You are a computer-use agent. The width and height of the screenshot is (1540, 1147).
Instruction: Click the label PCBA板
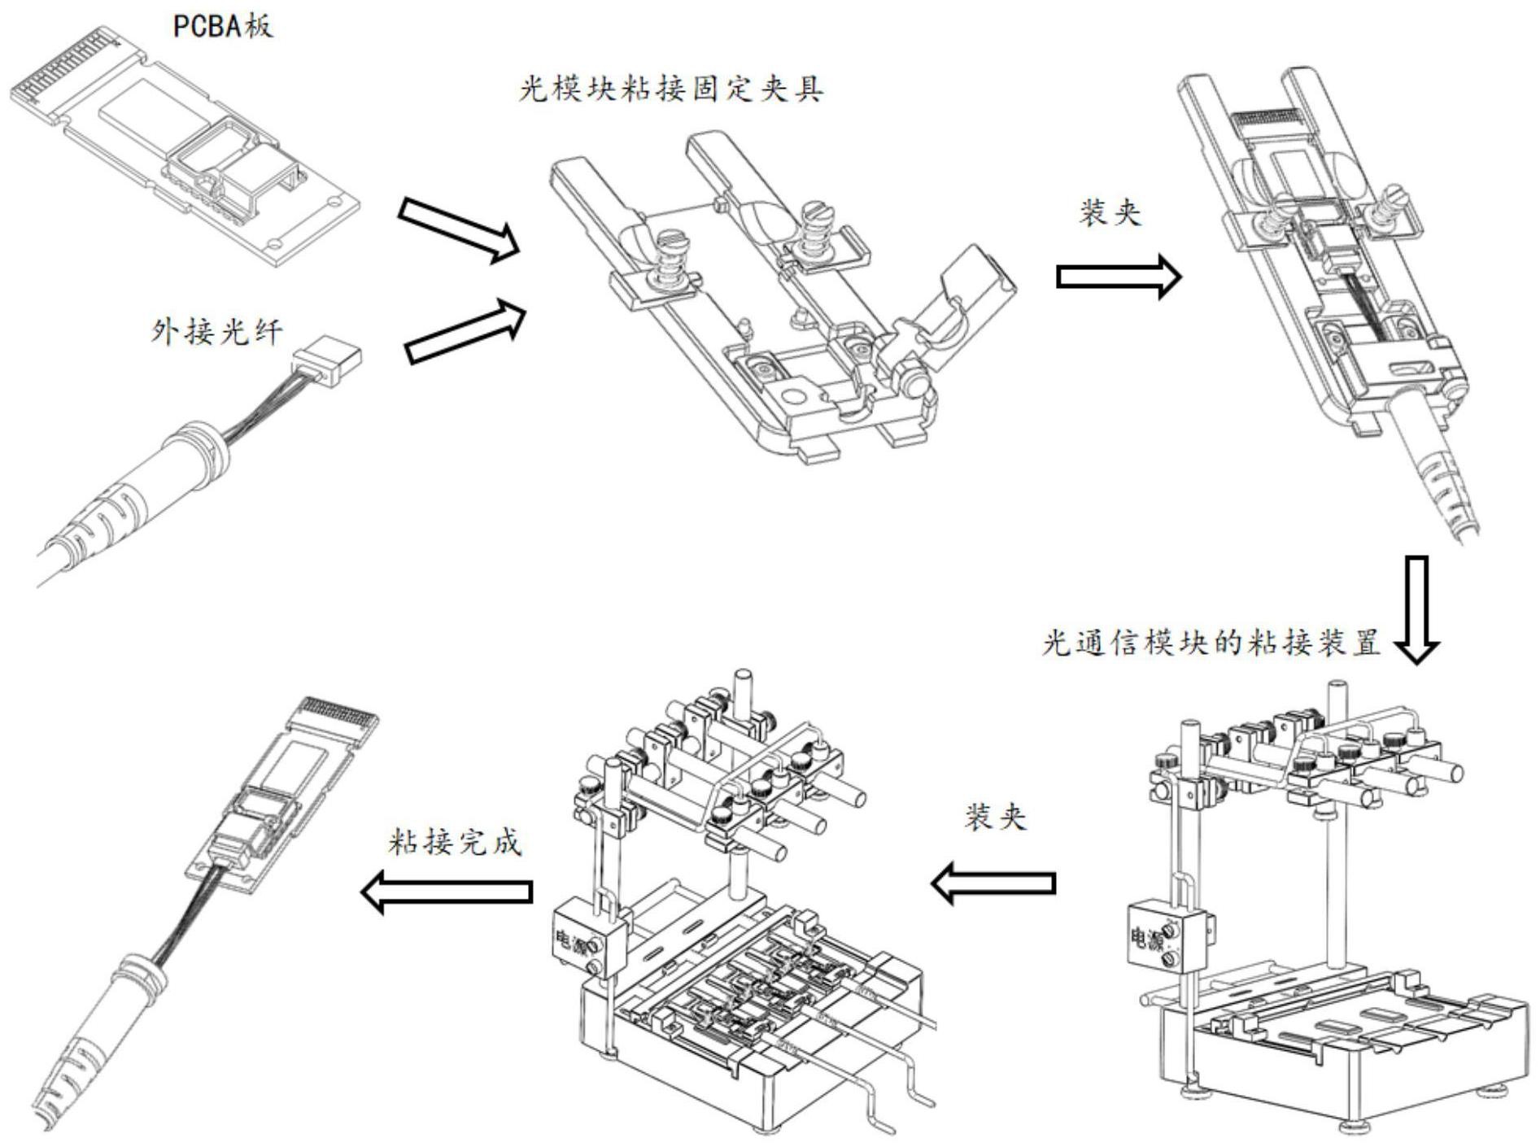tap(223, 26)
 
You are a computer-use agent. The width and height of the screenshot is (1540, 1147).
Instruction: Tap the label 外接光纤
tap(217, 332)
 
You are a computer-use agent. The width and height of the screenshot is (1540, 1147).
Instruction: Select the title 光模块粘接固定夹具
tap(671, 89)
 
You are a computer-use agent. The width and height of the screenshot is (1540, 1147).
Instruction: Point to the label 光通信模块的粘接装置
tap(1211, 643)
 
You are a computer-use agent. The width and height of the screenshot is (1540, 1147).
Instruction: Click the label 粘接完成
tap(455, 842)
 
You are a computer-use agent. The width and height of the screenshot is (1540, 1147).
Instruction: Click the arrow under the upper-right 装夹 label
tap(1118, 277)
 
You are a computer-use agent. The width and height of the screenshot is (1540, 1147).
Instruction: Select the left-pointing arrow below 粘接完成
tap(446, 892)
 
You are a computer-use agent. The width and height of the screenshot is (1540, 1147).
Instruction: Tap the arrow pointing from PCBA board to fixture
tap(458, 230)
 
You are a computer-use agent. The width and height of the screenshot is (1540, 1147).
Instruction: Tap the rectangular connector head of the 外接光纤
tap(328, 360)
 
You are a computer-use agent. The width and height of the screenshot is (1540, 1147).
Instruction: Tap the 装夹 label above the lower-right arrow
tap(996, 817)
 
